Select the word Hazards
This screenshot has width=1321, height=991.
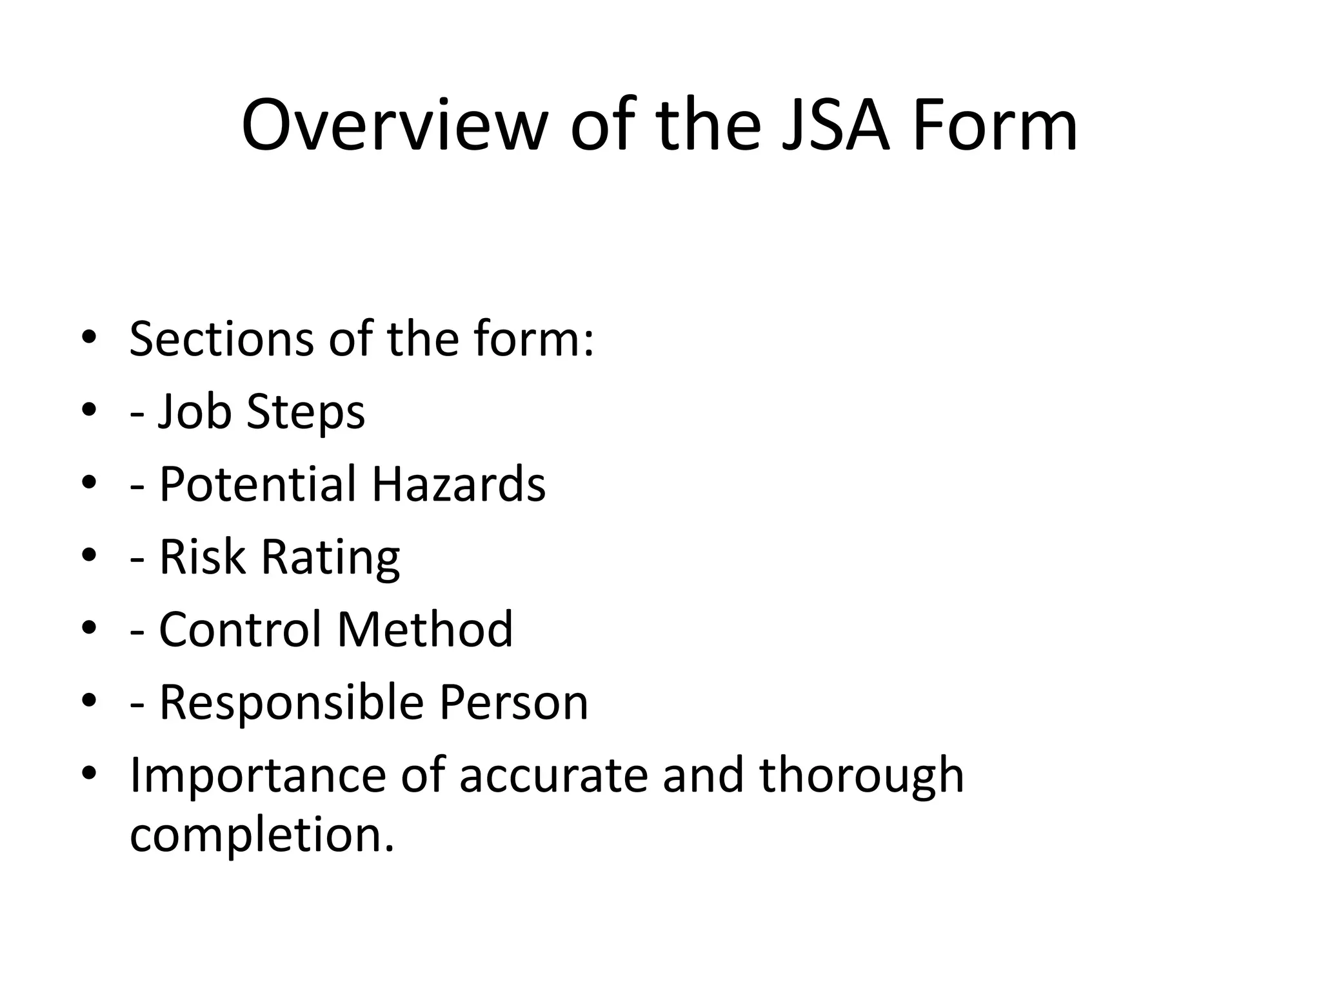[x=459, y=484]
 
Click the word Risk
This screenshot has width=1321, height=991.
[x=203, y=557]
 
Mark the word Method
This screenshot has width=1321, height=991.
[x=425, y=629]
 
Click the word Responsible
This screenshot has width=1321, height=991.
[x=292, y=702]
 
